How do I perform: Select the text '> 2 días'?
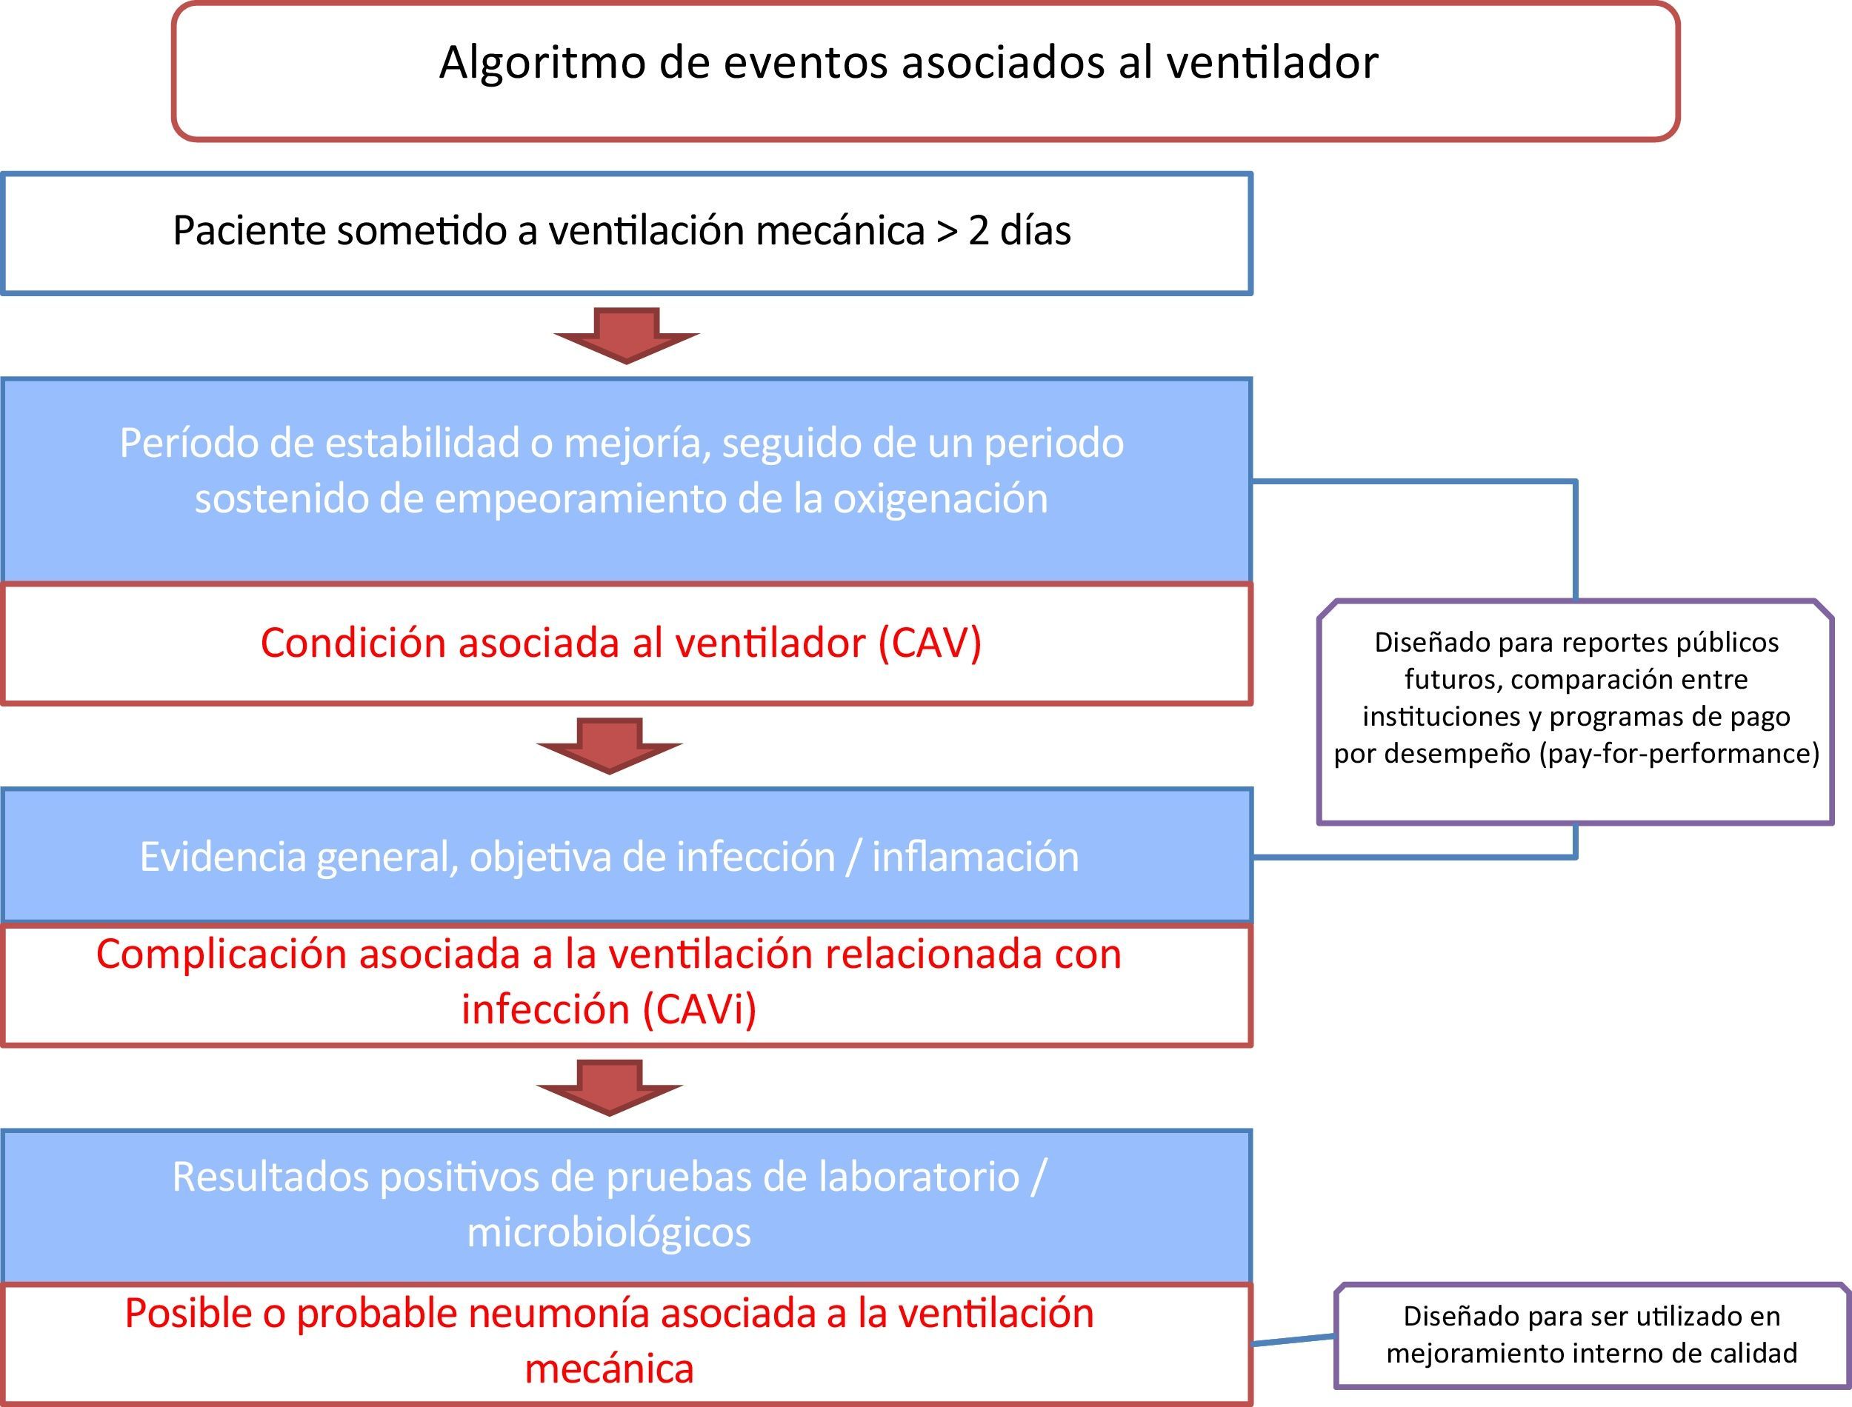1004,231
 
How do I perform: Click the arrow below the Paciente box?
627,335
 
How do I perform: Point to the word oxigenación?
940,499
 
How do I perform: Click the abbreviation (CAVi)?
699,1009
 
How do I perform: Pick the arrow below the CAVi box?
610,1086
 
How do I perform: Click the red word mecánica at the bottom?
609,1368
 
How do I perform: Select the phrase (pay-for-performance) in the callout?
1679,754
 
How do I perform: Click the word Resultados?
270,1177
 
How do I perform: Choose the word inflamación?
975,857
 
